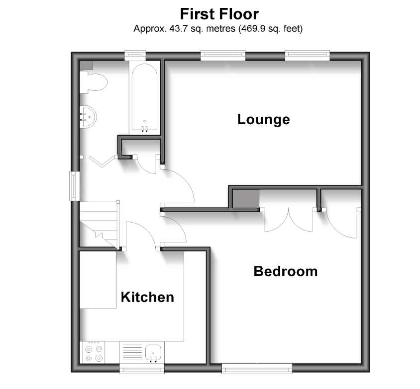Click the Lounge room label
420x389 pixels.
pos(264,120)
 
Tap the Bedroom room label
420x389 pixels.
pos(286,271)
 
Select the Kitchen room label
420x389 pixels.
pos(147,297)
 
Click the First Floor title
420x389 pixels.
pos(219,14)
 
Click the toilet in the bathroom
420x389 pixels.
pos(94,82)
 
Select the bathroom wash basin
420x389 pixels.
pos(88,117)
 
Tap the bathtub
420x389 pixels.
pos(144,98)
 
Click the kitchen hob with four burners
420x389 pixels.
pos(93,353)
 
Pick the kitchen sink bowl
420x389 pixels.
pos(153,353)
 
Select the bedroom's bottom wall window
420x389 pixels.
pos(257,369)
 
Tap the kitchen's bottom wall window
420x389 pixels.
pos(142,369)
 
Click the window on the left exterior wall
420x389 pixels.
pos(74,186)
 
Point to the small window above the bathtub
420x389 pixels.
pos(135,56)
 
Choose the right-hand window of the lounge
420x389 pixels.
pos(307,55)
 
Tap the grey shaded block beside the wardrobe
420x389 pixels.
pos(246,199)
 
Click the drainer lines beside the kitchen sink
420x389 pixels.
pos(132,352)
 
